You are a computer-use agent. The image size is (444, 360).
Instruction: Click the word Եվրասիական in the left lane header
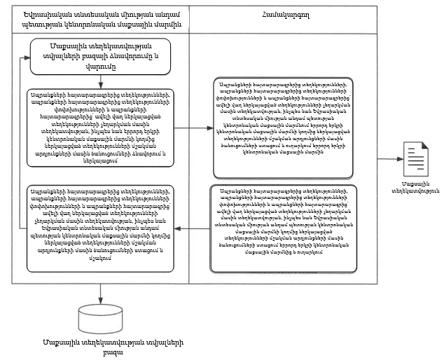pos(46,16)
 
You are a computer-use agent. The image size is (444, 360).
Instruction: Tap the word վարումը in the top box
pos(102,69)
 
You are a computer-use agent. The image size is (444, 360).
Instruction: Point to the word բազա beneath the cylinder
pos(102,351)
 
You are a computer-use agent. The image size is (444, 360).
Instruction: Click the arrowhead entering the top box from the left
pos(28,54)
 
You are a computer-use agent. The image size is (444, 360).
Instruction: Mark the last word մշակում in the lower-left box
pos(102,258)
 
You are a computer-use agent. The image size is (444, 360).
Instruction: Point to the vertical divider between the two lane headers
pos(190,22)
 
